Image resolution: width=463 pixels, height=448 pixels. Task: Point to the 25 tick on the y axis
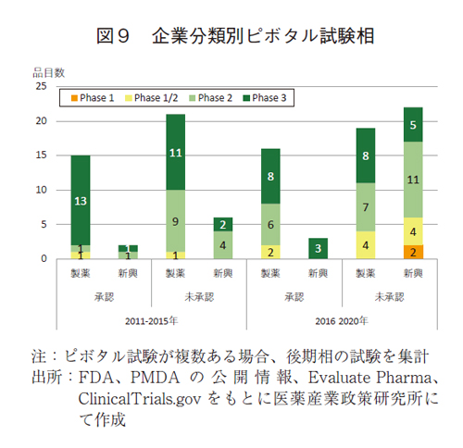41,86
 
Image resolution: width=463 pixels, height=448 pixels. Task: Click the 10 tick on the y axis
41,190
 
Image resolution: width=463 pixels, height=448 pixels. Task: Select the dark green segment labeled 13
81,200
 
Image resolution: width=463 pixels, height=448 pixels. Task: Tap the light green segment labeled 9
175,220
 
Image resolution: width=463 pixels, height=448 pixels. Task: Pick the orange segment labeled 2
412,252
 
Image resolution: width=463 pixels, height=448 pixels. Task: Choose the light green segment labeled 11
412,180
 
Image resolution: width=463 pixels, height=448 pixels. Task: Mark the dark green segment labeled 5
412,124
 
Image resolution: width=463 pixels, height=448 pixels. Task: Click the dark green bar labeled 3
318,248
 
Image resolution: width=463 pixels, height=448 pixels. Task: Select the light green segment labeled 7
365,206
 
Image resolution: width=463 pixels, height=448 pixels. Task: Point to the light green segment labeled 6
270,224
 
